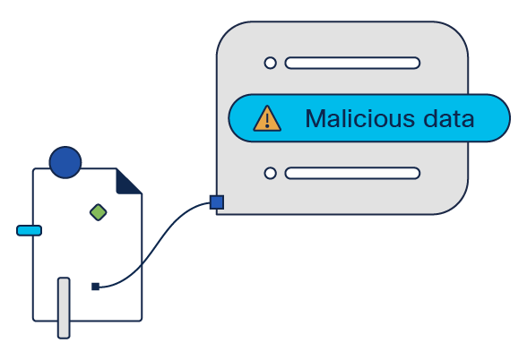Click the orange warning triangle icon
click(267, 118)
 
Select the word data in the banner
click(449, 118)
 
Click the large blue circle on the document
click(65, 162)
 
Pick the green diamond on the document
click(99, 212)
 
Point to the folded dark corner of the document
click(126, 184)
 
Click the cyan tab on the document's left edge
click(30, 231)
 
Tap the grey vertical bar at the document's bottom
click(64, 308)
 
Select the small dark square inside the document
click(95, 287)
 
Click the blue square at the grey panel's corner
click(217, 202)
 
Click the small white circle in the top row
click(271, 63)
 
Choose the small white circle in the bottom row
click(271, 174)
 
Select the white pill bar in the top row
click(352, 63)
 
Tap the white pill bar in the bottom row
click(352, 174)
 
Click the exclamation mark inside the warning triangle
click(267, 120)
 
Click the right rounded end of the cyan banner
click(501, 118)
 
